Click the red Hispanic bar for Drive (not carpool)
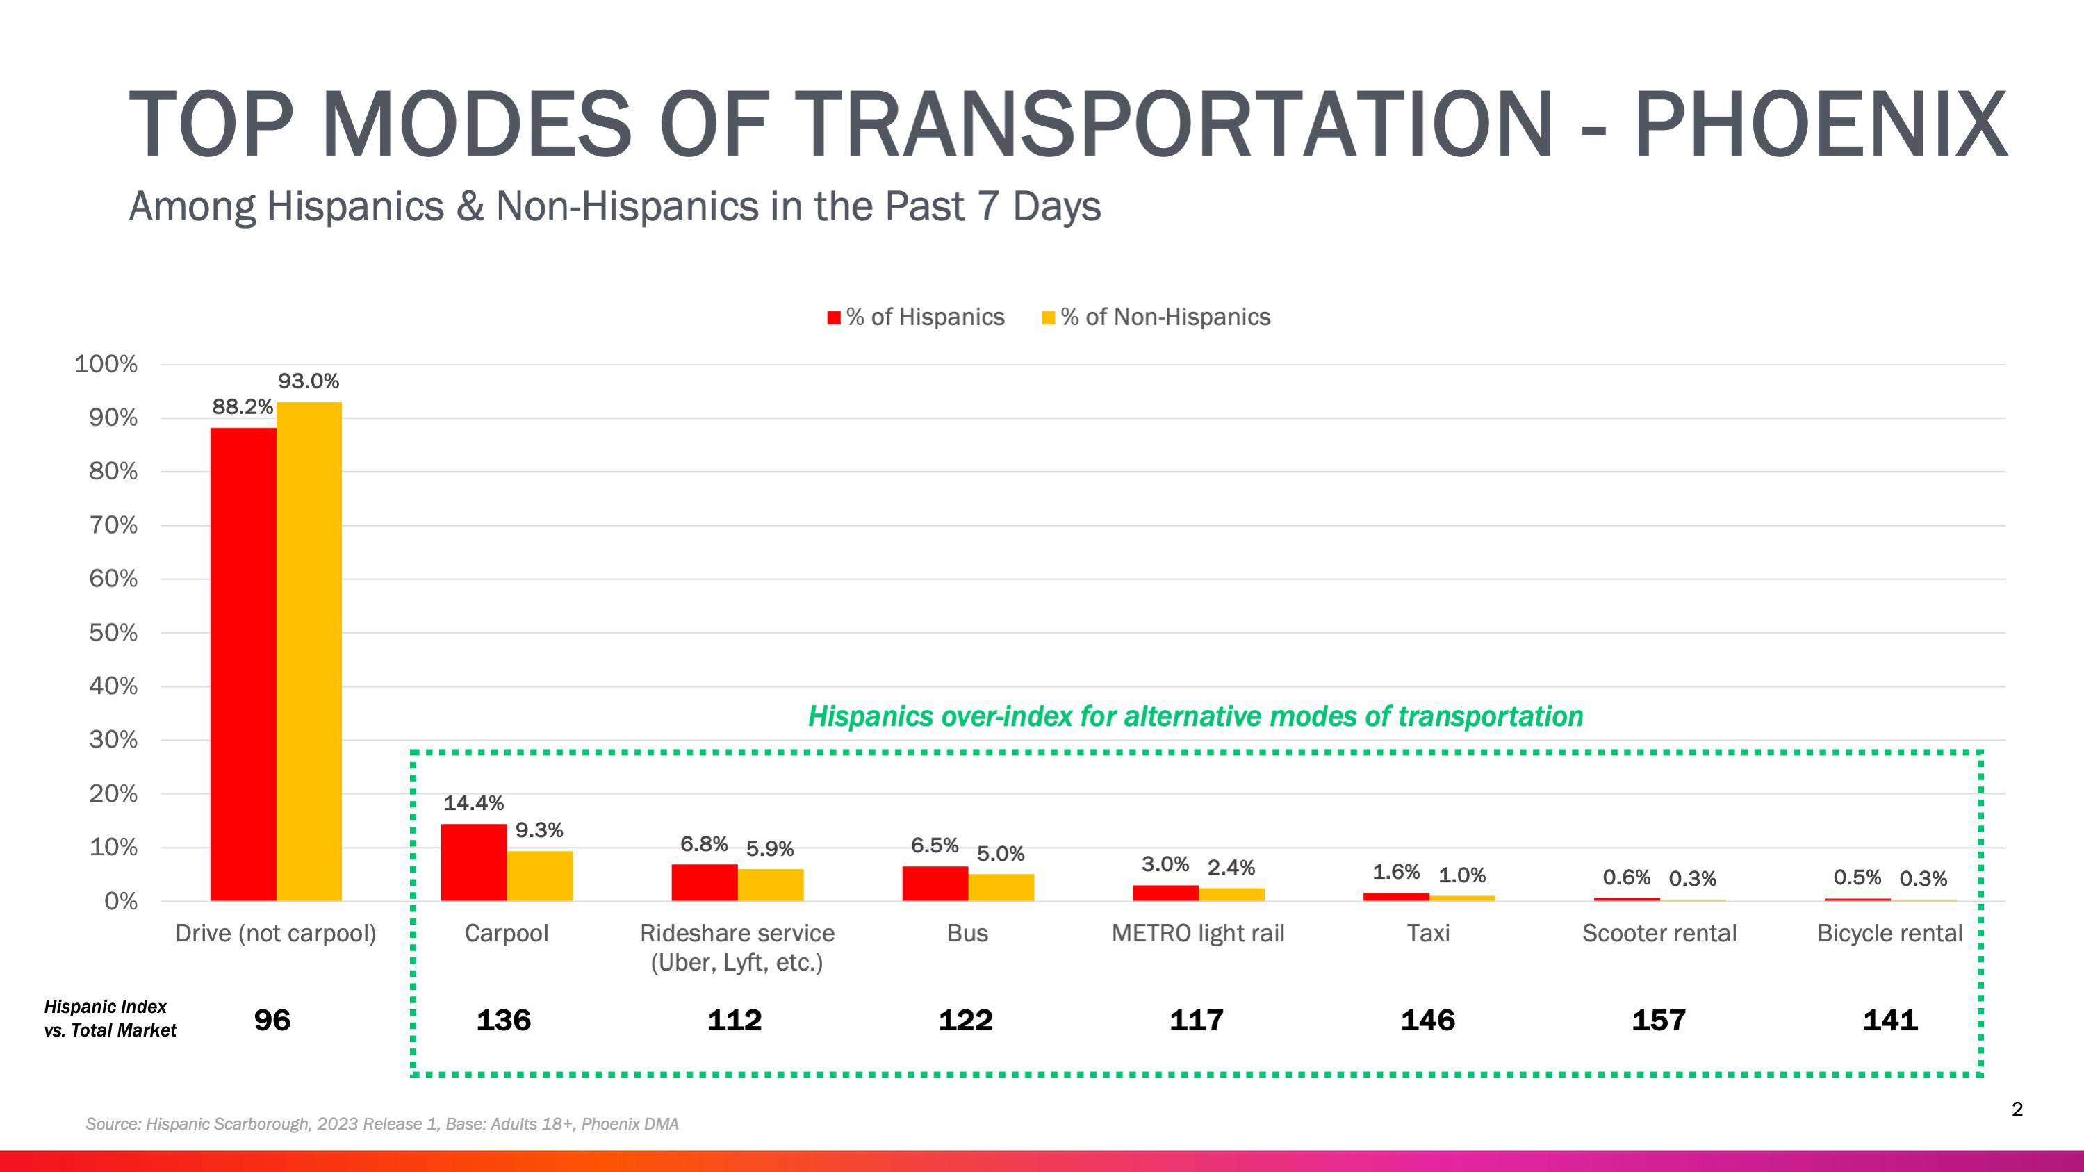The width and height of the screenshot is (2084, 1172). click(x=243, y=663)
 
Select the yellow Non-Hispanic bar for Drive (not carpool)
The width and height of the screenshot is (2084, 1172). click(x=309, y=651)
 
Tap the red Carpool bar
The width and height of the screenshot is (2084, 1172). click(x=473, y=862)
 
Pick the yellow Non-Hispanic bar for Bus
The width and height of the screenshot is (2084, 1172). click(x=1001, y=887)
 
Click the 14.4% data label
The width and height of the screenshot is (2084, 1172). click(x=473, y=803)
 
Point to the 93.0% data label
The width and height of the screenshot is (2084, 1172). click(x=309, y=381)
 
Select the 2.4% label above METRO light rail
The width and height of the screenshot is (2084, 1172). click(x=1231, y=868)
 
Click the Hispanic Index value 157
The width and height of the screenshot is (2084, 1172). click(x=1659, y=1020)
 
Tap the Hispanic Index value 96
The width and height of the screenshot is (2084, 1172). click(x=272, y=1020)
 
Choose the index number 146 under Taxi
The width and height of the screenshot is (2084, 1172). click(x=1428, y=1020)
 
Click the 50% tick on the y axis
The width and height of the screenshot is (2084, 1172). click(x=113, y=632)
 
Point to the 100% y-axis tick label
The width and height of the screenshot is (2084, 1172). click(x=106, y=364)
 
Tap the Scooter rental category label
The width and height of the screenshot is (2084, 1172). click(x=1659, y=934)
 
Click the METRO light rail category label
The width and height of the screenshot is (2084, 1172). click(x=1197, y=934)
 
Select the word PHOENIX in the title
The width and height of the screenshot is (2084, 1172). click(x=1820, y=125)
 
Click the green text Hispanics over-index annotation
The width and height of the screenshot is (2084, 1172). click(x=1195, y=717)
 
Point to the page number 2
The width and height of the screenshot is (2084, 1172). click(x=2017, y=1109)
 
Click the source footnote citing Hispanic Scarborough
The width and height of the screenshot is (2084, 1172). click(x=382, y=1123)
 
